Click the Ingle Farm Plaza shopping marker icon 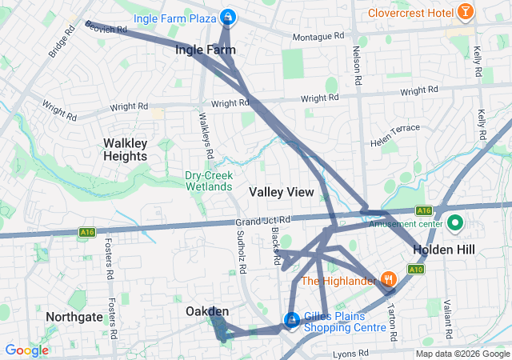click(229, 16)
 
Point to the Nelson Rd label click(356, 69)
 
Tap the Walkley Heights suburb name click(126, 150)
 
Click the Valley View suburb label click(281, 192)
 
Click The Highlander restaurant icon click(390, 279)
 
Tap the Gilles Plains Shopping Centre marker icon click(292, 321)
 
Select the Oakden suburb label click(207, 310)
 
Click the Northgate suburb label click(74, 317)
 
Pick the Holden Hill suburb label click(443, 250)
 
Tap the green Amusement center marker click(456, 222)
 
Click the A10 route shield click(415, 270)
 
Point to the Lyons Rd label click(352, 352)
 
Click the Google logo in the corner click(26, 350)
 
